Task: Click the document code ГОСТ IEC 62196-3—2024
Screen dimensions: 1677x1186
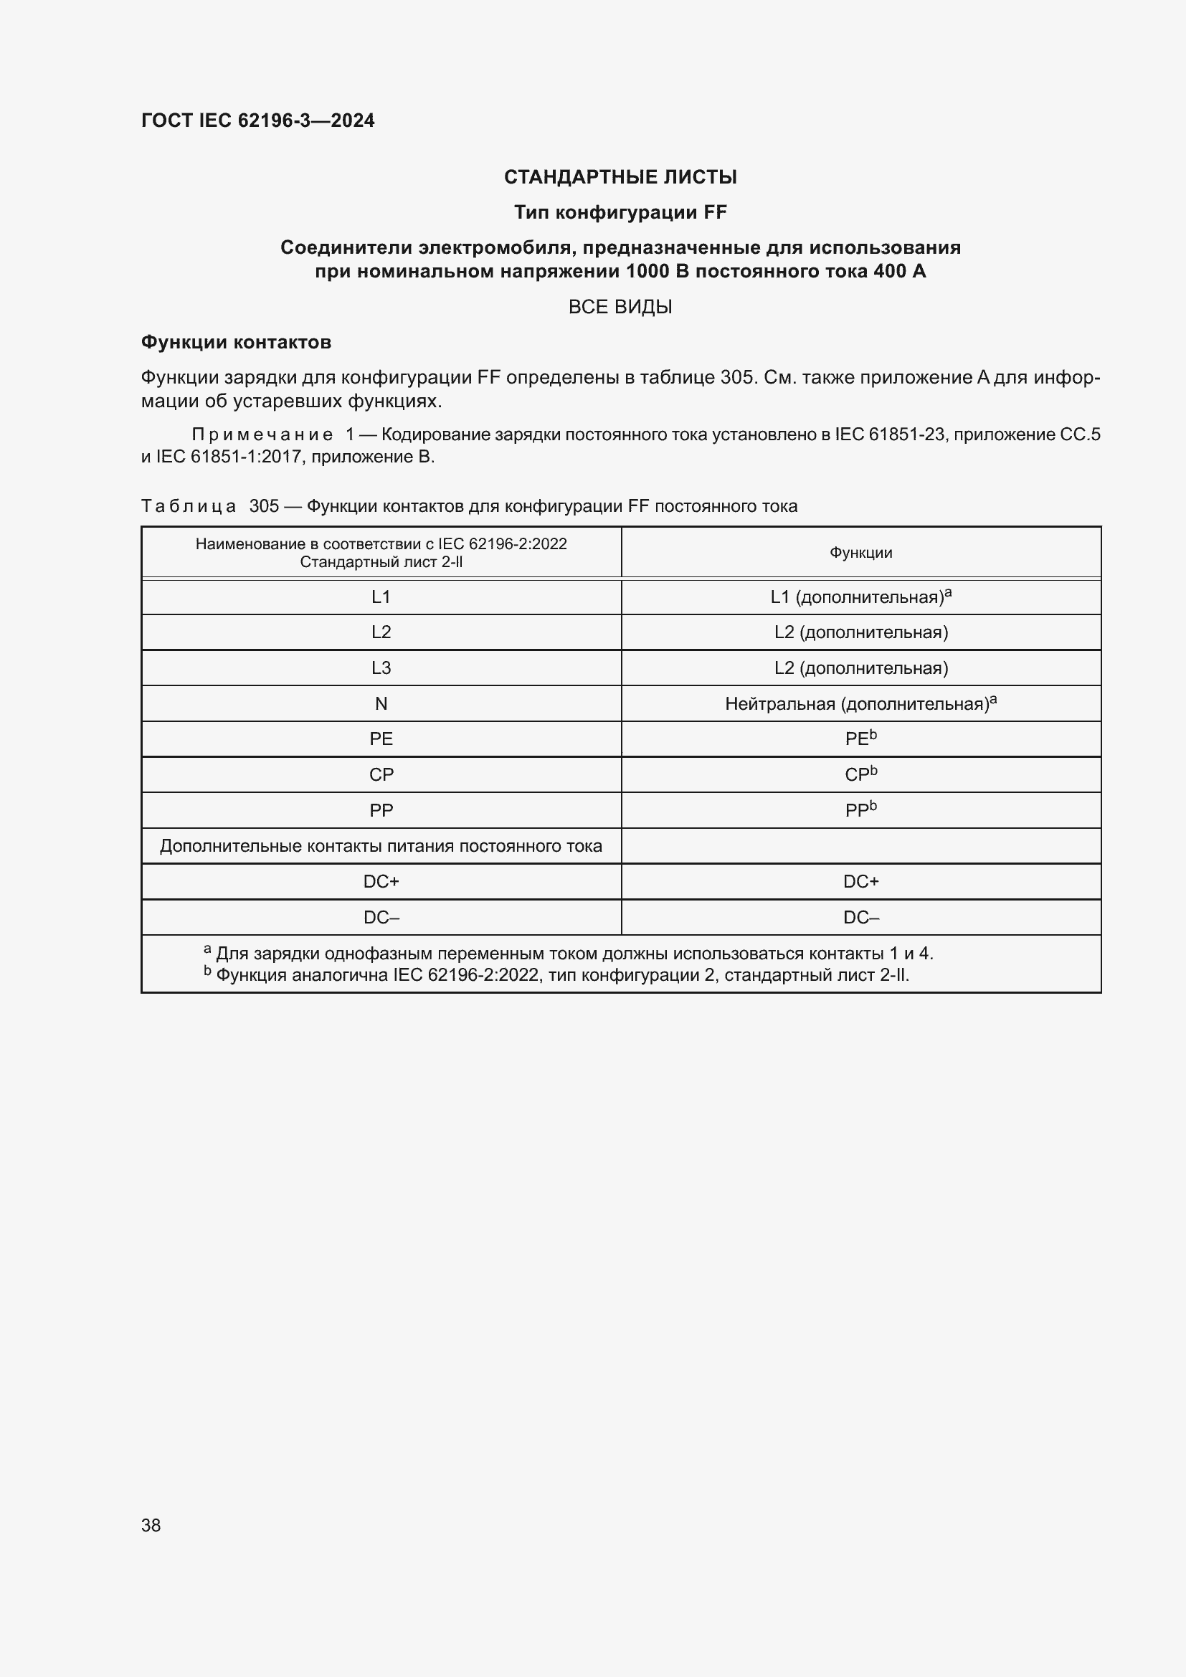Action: click(257, 120)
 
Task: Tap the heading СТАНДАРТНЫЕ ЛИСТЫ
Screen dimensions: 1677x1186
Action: click(620, 177)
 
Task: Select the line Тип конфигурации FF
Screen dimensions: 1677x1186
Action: click(620, 212)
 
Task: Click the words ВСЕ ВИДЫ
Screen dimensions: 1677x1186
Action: click(620, 307)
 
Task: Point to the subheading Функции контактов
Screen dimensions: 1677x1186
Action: click(236, 342)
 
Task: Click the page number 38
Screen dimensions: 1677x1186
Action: click(151, 1525)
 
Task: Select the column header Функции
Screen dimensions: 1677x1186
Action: click(860, 553)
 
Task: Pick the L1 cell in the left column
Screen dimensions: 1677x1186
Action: click(381, 597)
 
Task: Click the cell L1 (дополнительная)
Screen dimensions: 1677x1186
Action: click(860, 597)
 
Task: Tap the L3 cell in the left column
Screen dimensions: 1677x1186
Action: click(381, 668)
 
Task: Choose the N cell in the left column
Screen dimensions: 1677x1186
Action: click(381, 704)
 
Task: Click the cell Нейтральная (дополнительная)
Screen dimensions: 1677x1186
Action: click(860, 704)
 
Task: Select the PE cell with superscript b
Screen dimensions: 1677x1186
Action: click(860, 739)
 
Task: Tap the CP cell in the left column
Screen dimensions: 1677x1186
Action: click(381, 775)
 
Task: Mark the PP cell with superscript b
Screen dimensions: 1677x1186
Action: click(860, 810)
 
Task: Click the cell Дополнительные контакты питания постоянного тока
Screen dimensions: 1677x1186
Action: click(381, 846)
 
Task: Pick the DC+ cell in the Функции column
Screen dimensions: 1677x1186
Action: click(860, 882)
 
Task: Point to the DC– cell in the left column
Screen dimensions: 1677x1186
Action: click(381, 918)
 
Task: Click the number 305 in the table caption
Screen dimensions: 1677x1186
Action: click(264, 506)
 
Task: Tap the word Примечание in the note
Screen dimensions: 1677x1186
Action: click(262, 434)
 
